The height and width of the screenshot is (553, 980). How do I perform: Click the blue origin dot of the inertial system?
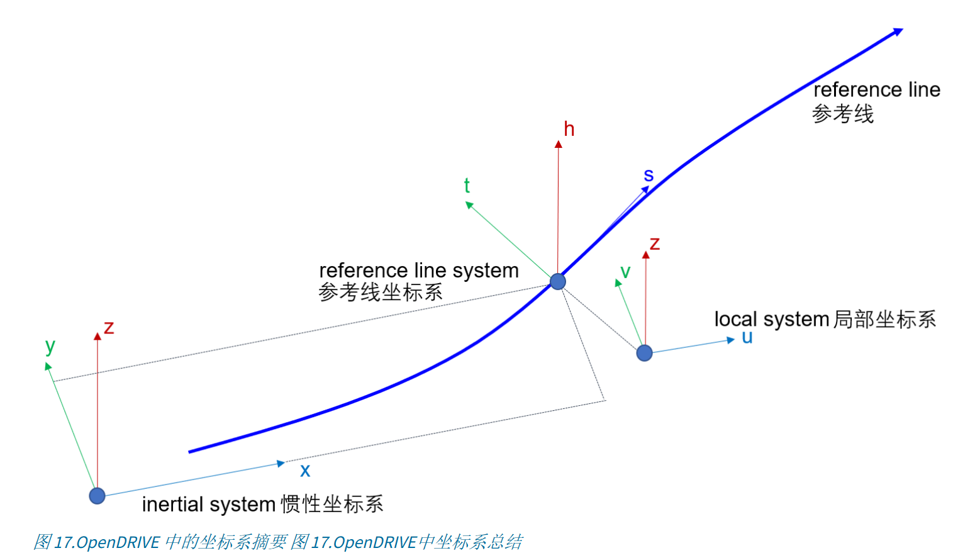(97, 496)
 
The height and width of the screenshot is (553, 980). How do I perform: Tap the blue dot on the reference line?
(557, 281)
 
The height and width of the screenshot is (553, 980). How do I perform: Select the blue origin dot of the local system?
(644, 353)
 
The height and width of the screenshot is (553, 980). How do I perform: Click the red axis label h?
(569, 130)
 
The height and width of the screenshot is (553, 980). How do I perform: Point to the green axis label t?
(467, 186)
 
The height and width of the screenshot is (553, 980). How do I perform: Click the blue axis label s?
(649, 176)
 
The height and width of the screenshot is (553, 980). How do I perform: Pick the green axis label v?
(625, 272)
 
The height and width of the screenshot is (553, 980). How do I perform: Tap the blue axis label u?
(747, 337)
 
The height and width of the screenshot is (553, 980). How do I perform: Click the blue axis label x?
(305, 471)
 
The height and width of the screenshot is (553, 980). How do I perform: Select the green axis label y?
(50, 346)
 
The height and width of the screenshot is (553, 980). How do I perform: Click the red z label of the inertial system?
(109, 328)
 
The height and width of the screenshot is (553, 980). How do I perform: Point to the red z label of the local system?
(655, 244)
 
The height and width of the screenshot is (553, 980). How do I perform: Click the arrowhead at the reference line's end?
(898, 31)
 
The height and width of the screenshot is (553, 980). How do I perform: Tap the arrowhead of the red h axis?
(558, 145)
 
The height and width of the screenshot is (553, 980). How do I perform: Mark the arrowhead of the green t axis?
(469, 204)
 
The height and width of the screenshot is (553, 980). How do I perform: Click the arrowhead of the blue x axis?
(281, 464)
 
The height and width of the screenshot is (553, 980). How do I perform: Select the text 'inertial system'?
(208, 505)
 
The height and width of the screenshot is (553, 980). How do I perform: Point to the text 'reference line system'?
(418, 271)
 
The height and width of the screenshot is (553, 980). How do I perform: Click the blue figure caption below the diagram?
(277, 542)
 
